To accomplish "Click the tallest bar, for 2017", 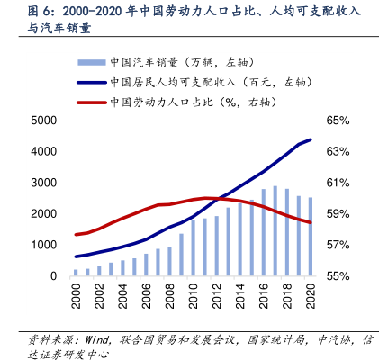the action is (x=275, y=230).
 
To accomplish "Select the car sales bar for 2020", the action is (x=311, y=237).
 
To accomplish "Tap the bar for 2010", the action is (x=193, y=247).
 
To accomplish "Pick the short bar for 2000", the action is (x=76, y=273).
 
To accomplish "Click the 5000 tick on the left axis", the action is (x=44, y=121).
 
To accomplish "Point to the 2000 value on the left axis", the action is (x=44, y=214).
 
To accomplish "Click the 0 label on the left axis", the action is (x=53, y=276).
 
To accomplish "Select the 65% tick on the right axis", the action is (x=338, y=121).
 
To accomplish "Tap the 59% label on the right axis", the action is (x=338, y=214).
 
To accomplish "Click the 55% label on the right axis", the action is (x=338, y=276).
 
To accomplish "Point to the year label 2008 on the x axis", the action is (x=169, y=296).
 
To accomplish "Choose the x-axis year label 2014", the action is (x=240, y=296).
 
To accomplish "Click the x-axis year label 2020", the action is (x=311, y=296).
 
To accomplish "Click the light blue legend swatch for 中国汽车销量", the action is (x=92, y=62).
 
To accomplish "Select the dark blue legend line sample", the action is (x=92, y=83).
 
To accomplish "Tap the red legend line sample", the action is (x=92, y=103).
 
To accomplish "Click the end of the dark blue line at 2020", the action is (x=311, y=139).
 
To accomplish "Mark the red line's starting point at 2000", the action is (x=76, y=235).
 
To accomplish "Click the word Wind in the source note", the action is (x=96, y=340).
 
